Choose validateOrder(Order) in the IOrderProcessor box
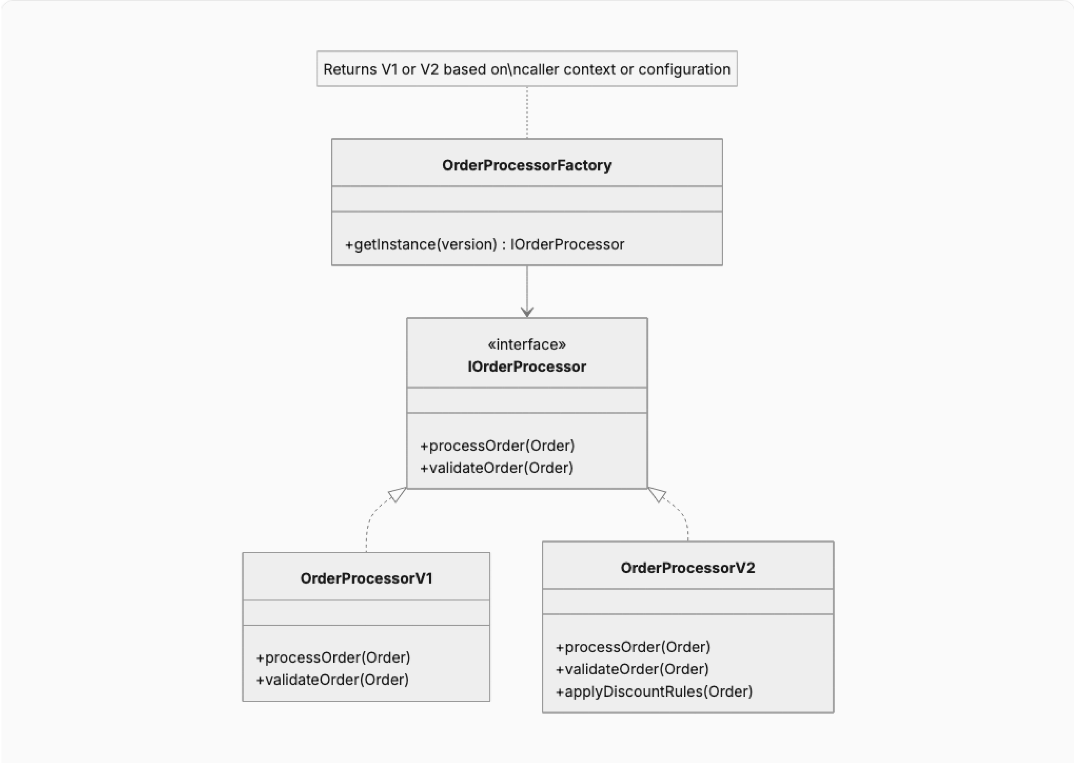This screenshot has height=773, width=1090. tap(496, 468)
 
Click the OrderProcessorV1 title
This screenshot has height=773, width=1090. tap(366, 578)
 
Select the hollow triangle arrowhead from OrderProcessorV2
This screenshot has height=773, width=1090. tap(657, 495)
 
